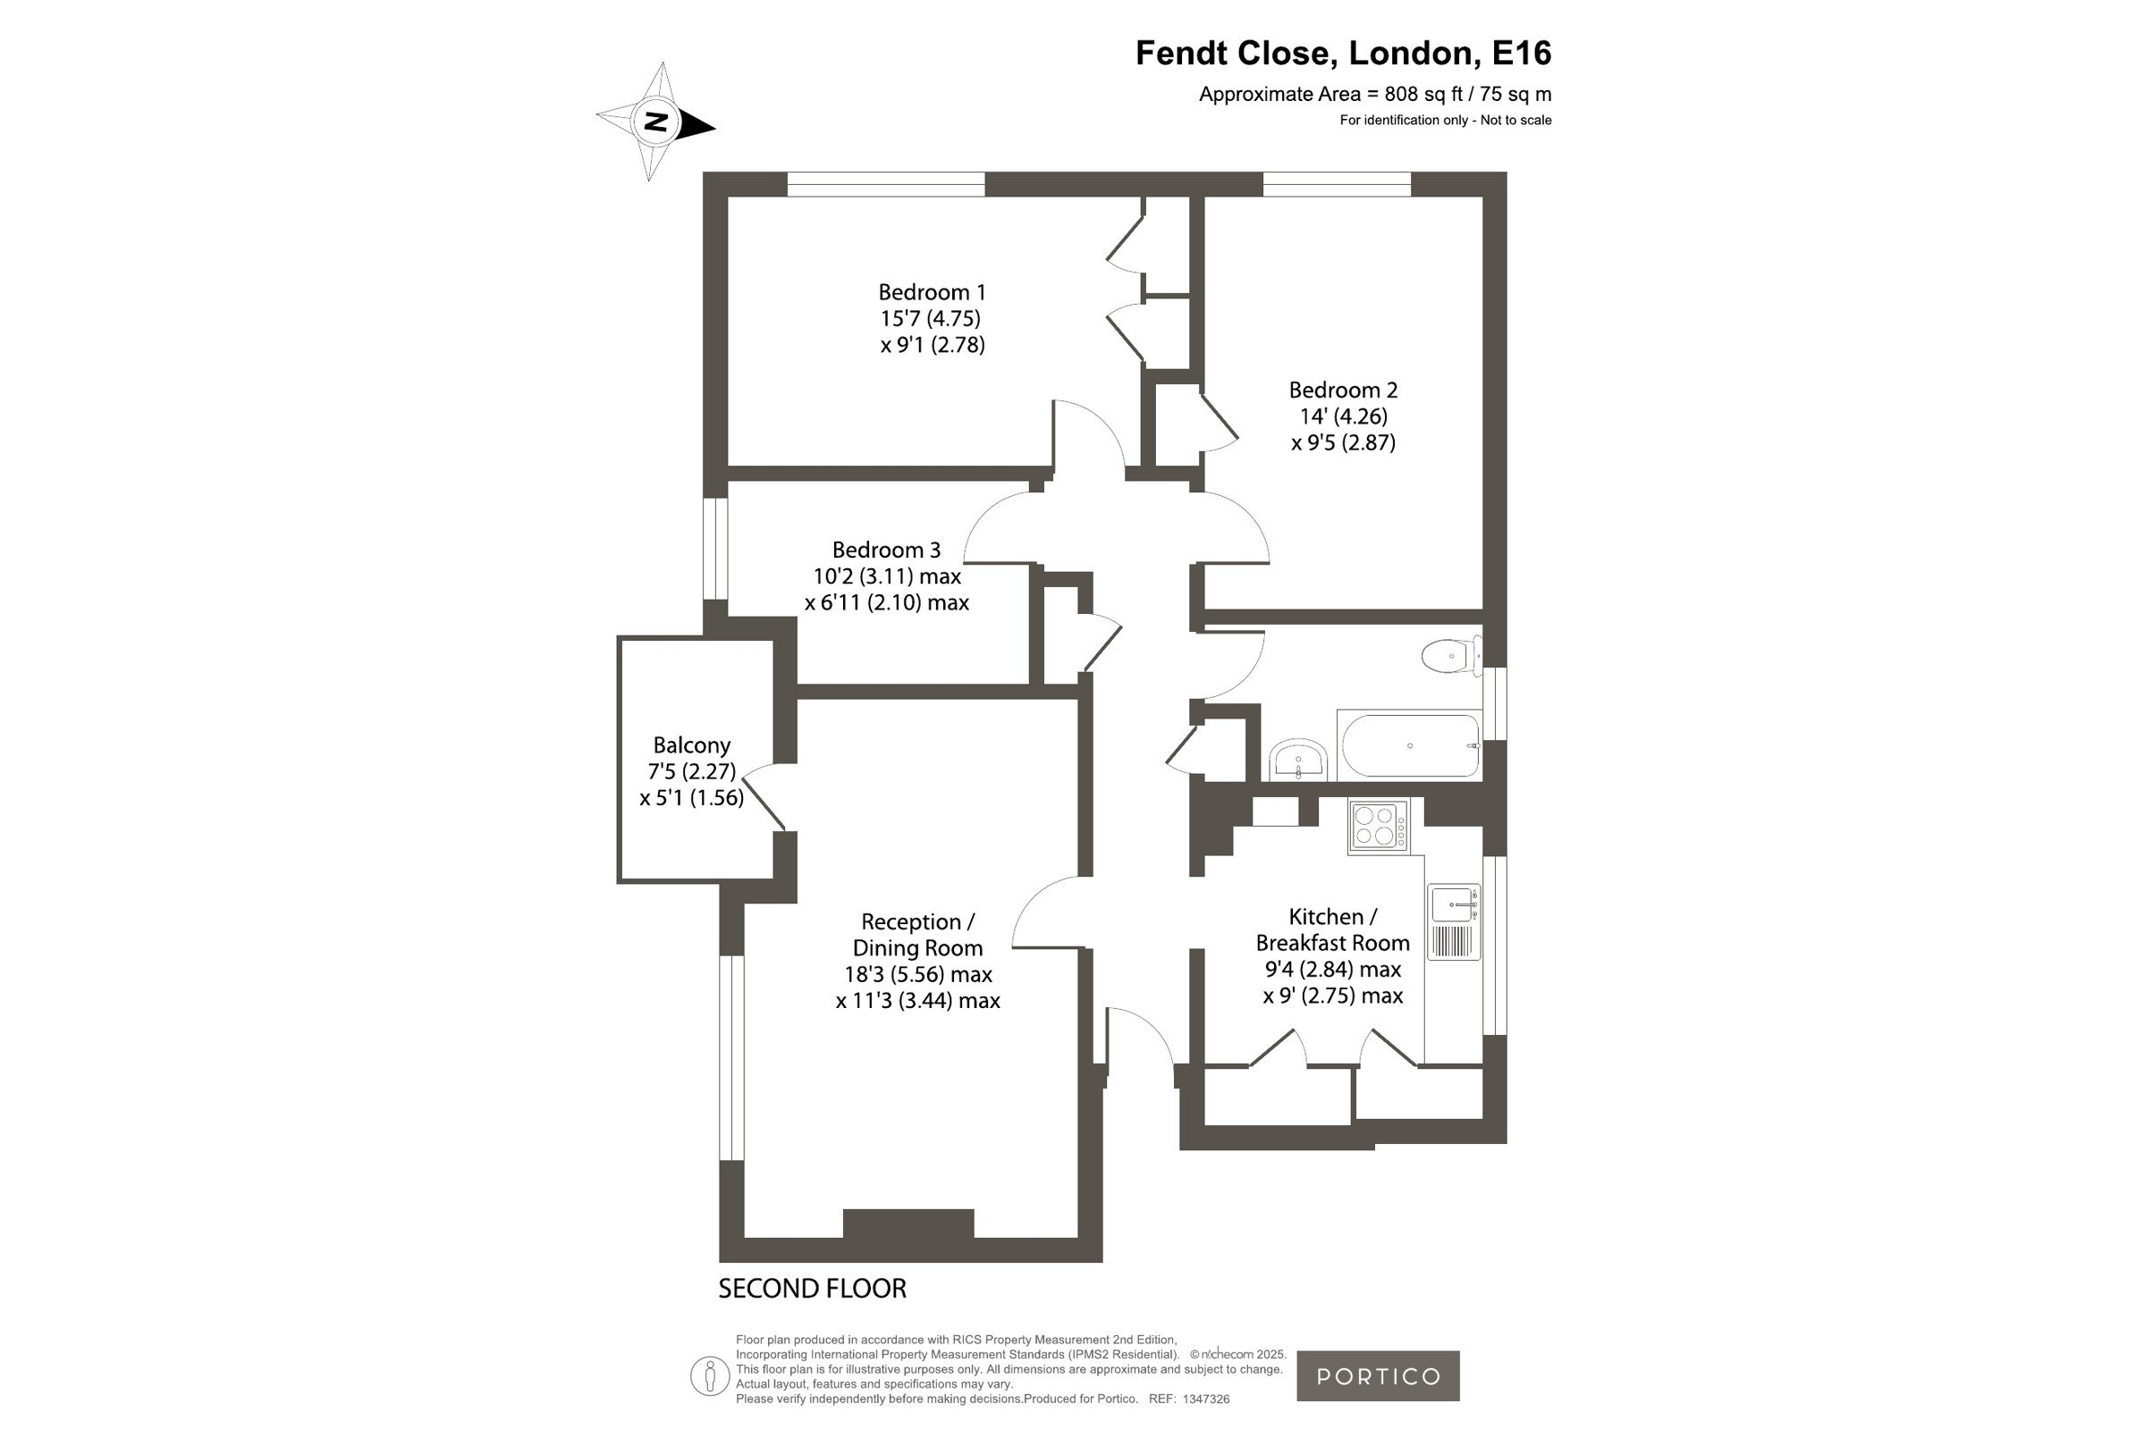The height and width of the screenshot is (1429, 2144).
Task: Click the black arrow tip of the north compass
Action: (x=715, y=128)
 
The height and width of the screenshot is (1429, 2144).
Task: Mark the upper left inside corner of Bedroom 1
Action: (x=729, y=197)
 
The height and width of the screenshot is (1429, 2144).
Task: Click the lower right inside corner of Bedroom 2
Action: (x=1482, y=609)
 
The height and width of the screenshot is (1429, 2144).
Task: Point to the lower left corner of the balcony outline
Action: (x=619, y=882)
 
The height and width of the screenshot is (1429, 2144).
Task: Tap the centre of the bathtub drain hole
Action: (x=1410, y=745)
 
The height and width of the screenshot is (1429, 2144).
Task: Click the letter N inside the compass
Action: (x=655, y=122)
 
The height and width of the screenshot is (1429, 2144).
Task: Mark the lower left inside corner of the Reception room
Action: (x=745, y=1237)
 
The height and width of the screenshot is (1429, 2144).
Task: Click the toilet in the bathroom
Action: (x=1452, y=654)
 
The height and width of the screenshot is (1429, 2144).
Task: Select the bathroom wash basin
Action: (x=1298, y=759)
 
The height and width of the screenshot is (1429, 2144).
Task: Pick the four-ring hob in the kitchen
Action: (x=1379, y=826)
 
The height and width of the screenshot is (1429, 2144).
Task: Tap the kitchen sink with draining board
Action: (x=1453, y=921)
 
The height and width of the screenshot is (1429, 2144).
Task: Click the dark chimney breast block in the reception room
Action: (x=907, y=1223)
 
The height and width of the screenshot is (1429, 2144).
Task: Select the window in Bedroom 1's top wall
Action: (x=886, y=184)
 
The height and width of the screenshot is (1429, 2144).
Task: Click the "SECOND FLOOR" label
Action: (x=812, y=1289)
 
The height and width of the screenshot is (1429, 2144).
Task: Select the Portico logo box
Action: (x=1379, y=1376)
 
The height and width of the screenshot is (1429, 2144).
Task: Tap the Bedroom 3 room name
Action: (x=886, y=550)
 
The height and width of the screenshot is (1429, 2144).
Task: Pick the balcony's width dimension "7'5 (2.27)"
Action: (x=691, y=771)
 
